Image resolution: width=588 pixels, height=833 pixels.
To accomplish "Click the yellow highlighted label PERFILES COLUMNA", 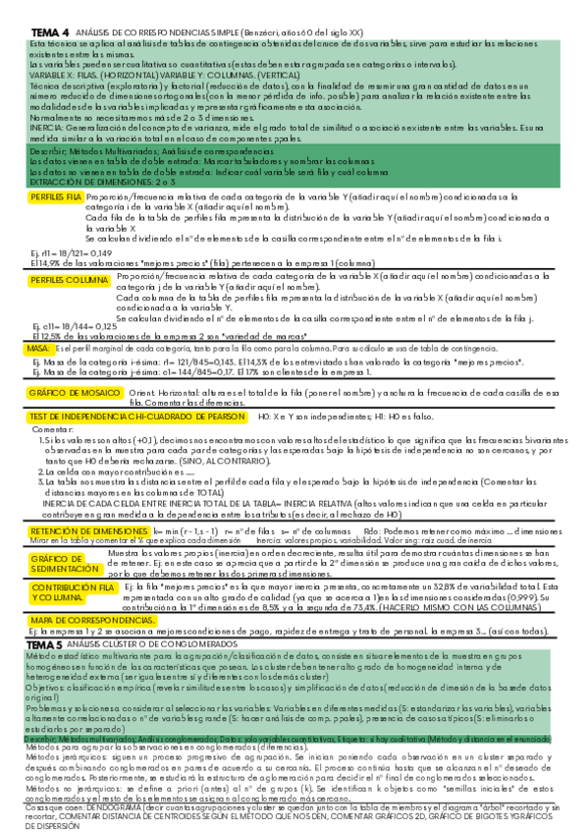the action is (66, 279).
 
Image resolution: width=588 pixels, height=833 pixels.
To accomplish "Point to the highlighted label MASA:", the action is (39, 348).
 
